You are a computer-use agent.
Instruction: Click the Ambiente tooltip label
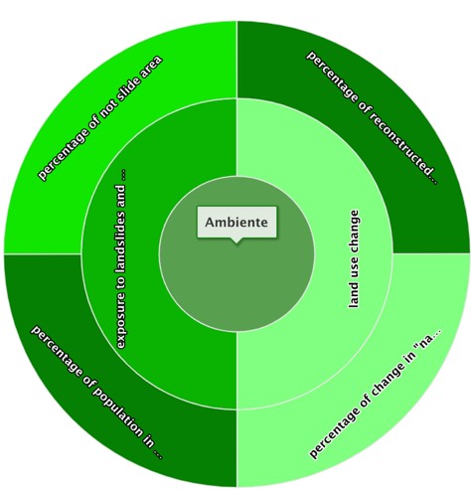click(x=236, y=222)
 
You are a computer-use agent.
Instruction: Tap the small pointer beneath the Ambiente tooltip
click(x=235, y=241)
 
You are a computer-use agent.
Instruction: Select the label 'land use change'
click(x=354, y=258)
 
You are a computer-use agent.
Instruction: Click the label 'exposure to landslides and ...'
click(x=121, y=258)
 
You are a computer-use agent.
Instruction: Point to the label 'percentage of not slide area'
click(x=100, y=118)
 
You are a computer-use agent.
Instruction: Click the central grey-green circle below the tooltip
click(x=236, y=285)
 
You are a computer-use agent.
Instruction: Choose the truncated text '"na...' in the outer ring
click(x=428, y=340)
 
